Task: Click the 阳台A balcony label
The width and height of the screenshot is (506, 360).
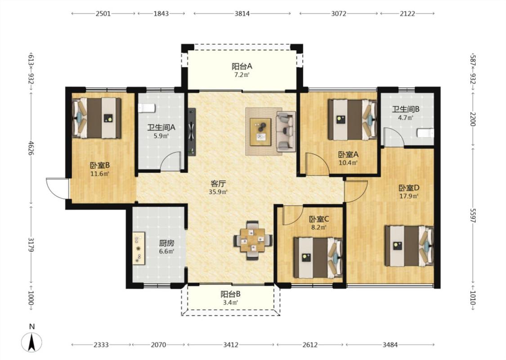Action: point(242,67)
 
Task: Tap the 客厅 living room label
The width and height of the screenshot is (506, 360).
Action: point(218,184)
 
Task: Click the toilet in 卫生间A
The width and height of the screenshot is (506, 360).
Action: point(147,108)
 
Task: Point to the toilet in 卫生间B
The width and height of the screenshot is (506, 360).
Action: point(425,133)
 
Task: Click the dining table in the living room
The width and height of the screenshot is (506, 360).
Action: point(253,240)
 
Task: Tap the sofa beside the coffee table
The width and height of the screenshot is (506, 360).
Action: point(286,131)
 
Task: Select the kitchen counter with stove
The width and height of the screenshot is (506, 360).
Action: point(139,248)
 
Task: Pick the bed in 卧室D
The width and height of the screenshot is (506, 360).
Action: point(409,246)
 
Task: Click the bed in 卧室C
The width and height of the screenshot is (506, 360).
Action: point(318,258)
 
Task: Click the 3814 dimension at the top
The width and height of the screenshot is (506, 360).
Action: point(242,13)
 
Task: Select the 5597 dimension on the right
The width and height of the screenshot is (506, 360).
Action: point(472,214)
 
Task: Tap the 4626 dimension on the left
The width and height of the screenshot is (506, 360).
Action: point(31,148)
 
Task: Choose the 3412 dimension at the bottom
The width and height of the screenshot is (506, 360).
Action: point(231,345)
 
